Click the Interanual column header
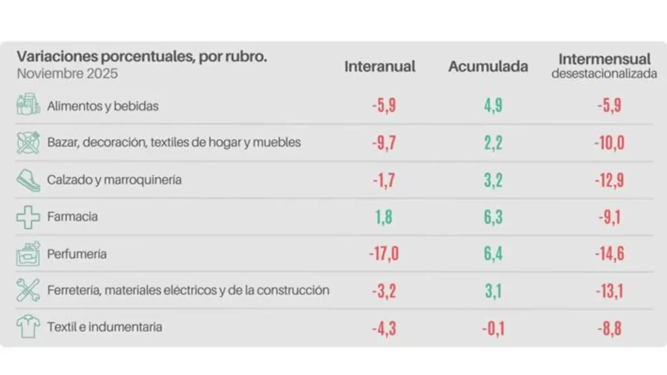coord(380,66)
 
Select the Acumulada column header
coord(488,66)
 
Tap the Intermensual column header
coord(604,59)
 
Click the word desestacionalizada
coord(604,74)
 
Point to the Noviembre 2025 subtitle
coord(67,74)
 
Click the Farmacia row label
coord(72,216)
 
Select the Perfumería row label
coord(77,254)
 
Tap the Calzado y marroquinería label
coord(114,180)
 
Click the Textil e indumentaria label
coord(104,327)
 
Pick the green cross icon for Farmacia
coord(28,217)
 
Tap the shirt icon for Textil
coord(28,327)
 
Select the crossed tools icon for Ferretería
coord(28,290)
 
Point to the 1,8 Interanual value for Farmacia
coord(384,217)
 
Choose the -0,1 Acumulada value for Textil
coord(492,327)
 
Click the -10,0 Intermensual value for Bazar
coord(609,143)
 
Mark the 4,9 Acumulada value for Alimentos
coord(493,105)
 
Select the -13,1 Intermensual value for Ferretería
coord(608,290)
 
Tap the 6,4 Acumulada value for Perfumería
coord(493,253)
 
